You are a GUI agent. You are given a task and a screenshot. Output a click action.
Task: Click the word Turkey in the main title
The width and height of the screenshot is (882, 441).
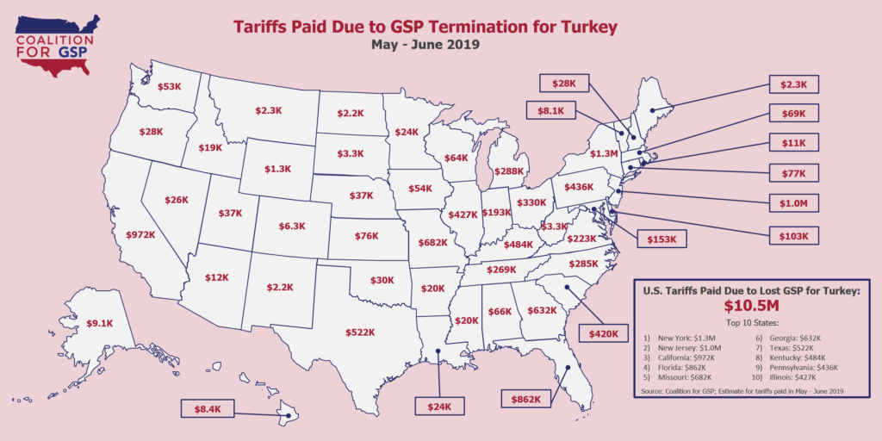coord(589,27)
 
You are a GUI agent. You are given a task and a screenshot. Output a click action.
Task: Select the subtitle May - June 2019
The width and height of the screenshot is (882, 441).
coord(426,45)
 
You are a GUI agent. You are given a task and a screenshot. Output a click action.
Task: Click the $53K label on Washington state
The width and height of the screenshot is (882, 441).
coord(170,87)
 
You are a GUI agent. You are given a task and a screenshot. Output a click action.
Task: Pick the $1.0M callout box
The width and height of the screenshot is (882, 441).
coord(795,204)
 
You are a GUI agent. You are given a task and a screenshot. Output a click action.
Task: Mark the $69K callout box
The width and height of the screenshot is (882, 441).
coord(795,113)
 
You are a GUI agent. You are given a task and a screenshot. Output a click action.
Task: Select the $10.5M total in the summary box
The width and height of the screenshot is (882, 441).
coord(751,307)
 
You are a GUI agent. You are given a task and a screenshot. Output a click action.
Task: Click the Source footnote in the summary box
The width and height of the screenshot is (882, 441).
coord(742,391)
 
